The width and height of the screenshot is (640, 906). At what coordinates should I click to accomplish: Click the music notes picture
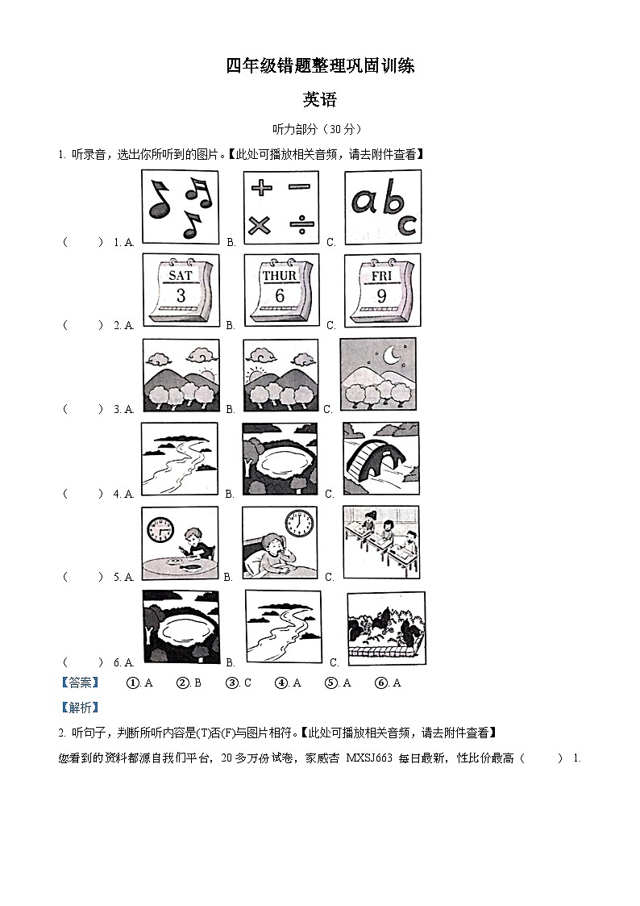(180, 207)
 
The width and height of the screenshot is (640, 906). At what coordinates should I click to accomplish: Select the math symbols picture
(281, 207)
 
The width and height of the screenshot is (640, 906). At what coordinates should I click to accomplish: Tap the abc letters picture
(383, 207)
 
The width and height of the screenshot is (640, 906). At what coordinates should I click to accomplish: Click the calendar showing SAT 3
(181, 290)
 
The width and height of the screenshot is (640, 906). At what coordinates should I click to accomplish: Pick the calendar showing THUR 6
(281, 290)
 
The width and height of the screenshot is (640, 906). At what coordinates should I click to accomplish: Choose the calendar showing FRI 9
(382, 290)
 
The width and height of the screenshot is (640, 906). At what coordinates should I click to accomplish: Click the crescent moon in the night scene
(391, 355)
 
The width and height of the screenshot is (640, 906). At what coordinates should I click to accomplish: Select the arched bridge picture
(380, 460)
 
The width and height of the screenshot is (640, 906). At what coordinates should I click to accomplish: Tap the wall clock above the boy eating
(160, 529)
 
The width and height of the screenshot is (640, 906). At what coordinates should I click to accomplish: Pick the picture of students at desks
(380, 543)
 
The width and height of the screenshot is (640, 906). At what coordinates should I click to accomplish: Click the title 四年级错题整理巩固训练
(320, 66)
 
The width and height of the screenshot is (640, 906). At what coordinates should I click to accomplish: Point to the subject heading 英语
(319, 100)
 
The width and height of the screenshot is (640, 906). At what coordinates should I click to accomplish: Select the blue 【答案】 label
(81, 683)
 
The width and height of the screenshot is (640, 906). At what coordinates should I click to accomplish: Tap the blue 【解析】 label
(81, 708)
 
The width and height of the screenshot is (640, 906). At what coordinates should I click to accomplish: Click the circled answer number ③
(232, 683)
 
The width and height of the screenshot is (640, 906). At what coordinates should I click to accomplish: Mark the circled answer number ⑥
(381, 683)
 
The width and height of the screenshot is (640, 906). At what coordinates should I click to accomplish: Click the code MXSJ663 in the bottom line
(368, 758)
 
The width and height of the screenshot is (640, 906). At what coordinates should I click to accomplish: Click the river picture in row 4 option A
(180, 460)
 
